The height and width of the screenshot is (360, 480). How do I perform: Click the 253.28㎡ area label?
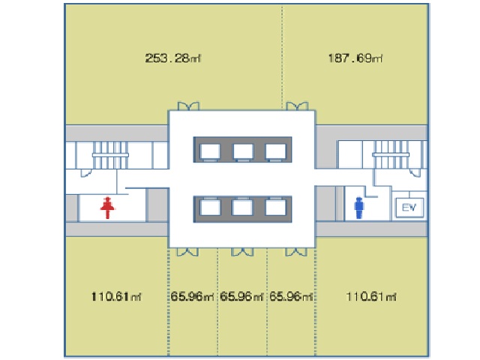(173, 58)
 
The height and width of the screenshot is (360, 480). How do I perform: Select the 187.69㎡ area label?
(355, 58)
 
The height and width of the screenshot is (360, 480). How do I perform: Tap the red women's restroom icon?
(107, 208)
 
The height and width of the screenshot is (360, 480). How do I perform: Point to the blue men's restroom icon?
(358, 208)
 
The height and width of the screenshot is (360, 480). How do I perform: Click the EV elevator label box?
(409, 208)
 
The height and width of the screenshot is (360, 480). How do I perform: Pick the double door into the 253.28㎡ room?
(188, 106)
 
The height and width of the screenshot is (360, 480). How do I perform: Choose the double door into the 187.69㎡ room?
(297, 106)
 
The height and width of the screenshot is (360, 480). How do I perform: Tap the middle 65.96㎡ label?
(241, 296)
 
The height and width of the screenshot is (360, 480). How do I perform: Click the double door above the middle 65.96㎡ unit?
(242, 252)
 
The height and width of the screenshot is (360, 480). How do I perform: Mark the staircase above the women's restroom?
(110, 155)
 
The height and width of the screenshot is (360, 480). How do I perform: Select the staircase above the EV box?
(391, 154)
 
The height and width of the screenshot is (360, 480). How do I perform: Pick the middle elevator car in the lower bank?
(242, 207)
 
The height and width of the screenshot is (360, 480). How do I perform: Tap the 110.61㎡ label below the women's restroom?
(116, 296)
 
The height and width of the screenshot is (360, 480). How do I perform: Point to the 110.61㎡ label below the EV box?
(371, 296)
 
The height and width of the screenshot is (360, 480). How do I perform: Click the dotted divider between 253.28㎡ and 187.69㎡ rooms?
(282, 57)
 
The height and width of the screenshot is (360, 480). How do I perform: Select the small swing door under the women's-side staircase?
(86, 173)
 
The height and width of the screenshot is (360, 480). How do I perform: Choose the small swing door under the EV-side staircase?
(415, 172)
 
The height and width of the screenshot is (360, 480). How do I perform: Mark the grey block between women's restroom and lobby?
(157, 205)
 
